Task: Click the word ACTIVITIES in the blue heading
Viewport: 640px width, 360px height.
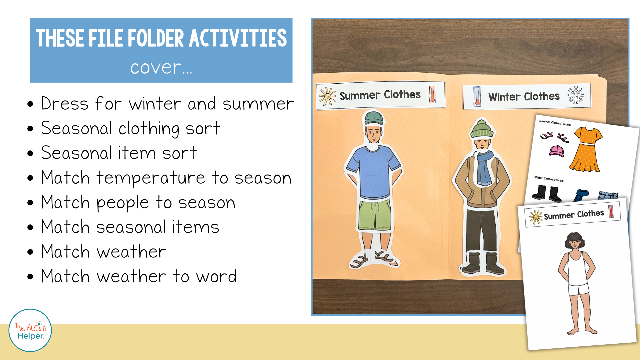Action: pyautogui.click(x=238, y=38)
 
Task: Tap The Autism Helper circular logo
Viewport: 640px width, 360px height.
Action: pyautogui.click(x=30, y=330)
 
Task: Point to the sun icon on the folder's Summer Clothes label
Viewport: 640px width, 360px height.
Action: pyautogui.click(x=327, y=96)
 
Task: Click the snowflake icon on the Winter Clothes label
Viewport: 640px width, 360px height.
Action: pyautogui.click(x=576, y=95)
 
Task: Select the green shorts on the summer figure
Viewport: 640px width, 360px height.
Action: pyautogui.click(x=375, y=215)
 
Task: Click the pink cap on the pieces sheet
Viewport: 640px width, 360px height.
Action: pyautogui.click(x=556, y=151)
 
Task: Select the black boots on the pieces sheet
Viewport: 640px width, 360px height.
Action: pyautogui.click(x=547, y=193)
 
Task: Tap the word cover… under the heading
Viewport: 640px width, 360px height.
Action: pyautogui.click(x=161, y=68)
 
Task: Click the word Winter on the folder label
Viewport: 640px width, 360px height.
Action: pyautogui.click(x=504, y=97)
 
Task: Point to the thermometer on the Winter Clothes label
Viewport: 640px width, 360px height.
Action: pyautogui.click(x=477, y=97)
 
